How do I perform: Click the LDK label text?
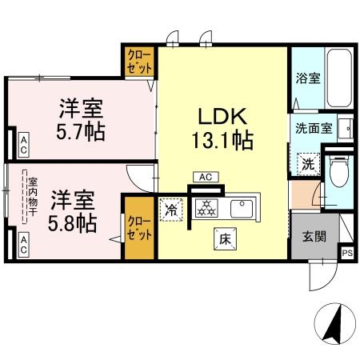click(222, 114)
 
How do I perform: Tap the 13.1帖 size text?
click(222, 142)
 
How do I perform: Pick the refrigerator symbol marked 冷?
click(171, 210)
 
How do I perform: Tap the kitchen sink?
click(241, 209)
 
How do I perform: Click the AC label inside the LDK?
click(204, 178)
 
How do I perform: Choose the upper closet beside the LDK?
click(139, 62)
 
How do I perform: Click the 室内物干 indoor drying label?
click(26, 195)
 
